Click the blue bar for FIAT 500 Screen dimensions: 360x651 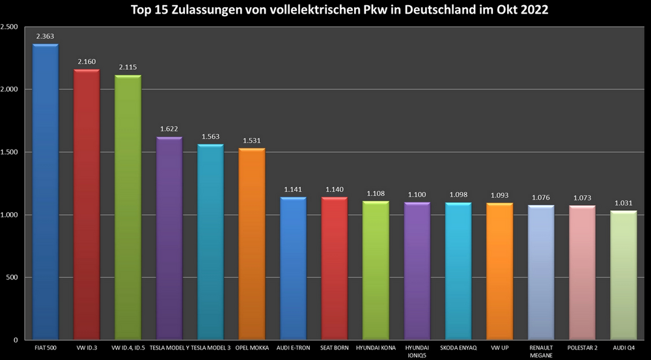46,192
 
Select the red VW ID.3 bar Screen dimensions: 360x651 87,204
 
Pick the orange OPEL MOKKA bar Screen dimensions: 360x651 252,244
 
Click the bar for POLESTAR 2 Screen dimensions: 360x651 582,273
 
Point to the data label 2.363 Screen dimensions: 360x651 45,36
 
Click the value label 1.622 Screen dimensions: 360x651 169,130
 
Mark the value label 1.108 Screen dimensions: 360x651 376,193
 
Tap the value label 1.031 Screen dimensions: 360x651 623,203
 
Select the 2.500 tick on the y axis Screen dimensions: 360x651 9,27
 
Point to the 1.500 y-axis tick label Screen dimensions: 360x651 9,152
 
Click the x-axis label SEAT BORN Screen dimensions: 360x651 335,348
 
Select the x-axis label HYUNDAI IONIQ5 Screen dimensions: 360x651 417,352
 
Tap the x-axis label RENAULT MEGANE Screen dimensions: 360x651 540,352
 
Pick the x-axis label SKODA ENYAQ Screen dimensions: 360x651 458,348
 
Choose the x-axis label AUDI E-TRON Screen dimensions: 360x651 293,348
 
